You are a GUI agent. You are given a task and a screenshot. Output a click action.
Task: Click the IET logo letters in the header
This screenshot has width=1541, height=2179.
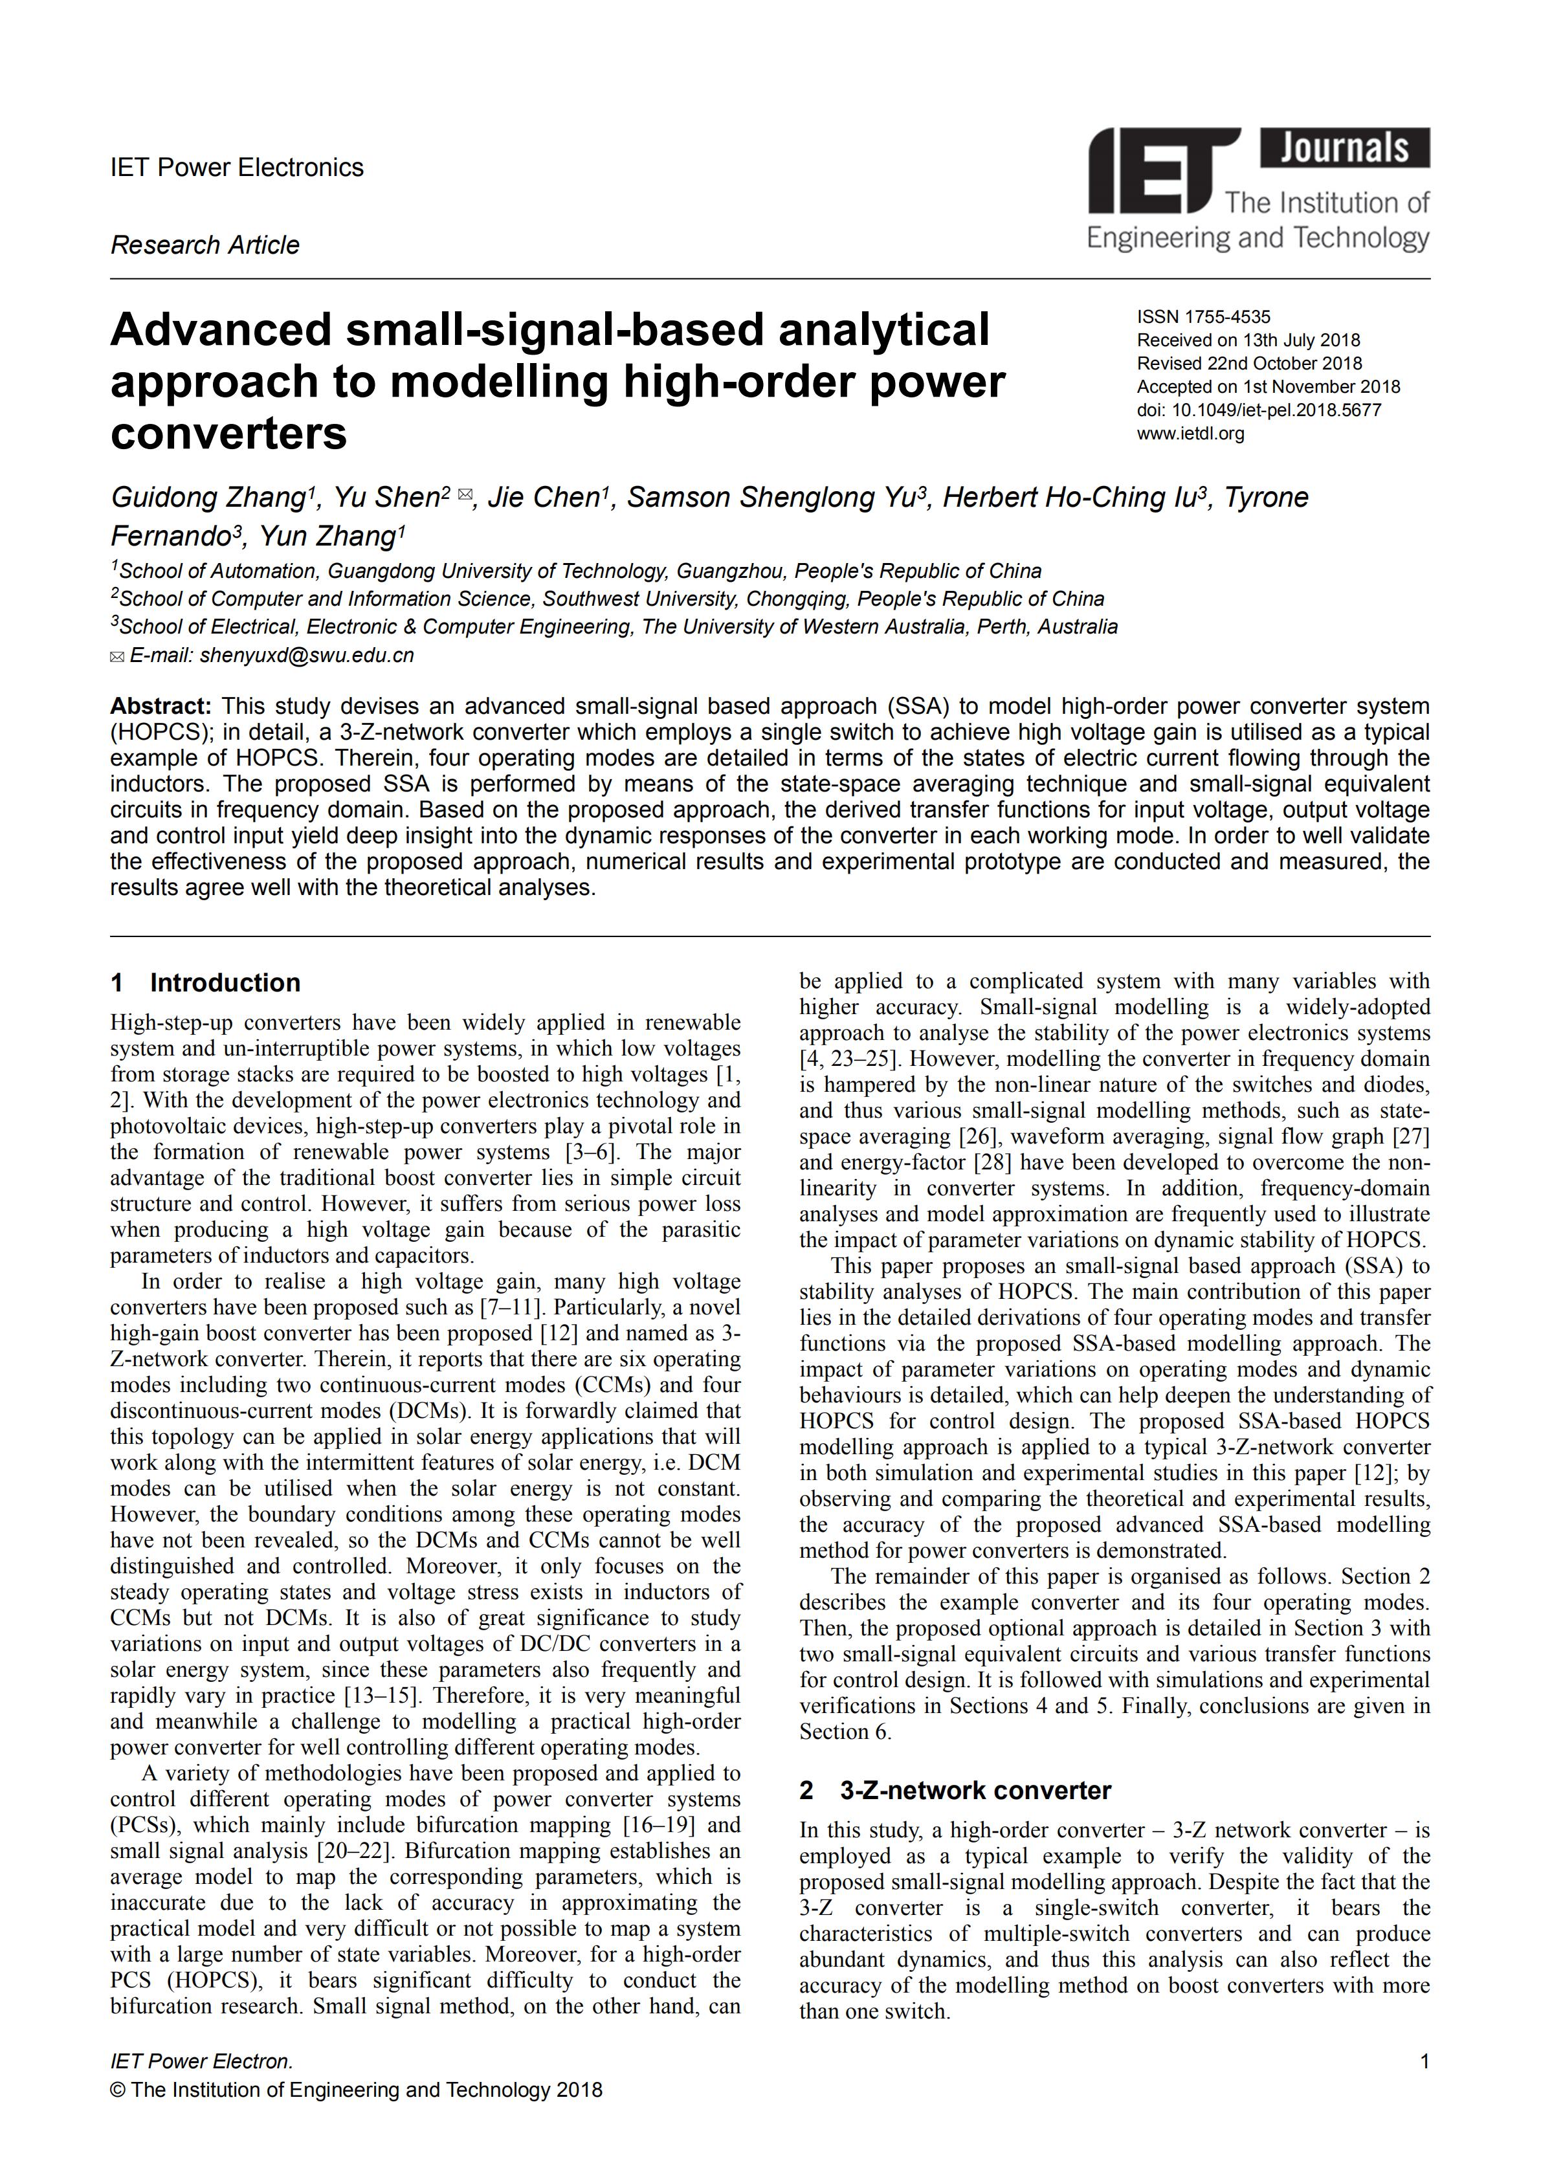coord(1163,171)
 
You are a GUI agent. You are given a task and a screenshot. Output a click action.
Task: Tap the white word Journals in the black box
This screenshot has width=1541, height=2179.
coord(1345,149)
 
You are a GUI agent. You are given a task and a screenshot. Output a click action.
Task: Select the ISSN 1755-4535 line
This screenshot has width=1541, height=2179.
coord(1203,317)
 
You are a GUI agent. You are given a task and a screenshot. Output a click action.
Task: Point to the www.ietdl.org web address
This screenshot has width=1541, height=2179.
coord(1190,434)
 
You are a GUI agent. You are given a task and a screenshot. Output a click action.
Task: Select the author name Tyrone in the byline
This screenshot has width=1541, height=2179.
coord(1266,497)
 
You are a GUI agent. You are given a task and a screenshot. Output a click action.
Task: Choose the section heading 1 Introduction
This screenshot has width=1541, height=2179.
coord(206,982)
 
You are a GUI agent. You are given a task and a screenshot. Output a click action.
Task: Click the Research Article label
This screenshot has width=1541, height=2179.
coord(205,245)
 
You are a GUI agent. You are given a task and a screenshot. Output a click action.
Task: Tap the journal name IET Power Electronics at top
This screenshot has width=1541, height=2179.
coord(238,168)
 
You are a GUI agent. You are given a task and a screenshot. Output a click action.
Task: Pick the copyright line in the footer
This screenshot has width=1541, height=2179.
coord(356,2089)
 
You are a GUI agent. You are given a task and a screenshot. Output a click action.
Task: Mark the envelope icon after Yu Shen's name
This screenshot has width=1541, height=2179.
coord(465,494)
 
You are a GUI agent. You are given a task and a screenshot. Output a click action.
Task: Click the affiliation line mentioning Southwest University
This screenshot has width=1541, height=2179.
coord(607,599)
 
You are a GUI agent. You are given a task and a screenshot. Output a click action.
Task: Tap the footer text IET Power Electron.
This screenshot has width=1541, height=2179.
coord(201,2061)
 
